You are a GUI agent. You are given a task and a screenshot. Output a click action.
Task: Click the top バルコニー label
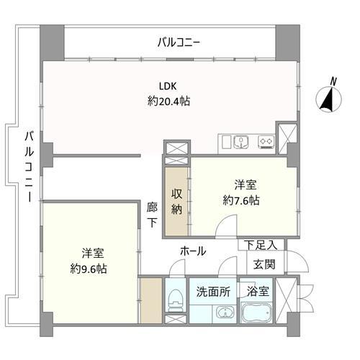179,42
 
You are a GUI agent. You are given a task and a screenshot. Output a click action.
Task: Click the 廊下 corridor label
151,216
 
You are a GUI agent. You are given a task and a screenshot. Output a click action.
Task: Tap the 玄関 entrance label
264,264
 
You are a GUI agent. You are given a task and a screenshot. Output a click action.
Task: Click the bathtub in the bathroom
256,313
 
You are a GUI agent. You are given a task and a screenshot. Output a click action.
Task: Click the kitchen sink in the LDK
241,140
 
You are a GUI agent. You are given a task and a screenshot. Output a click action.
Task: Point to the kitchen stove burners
266,140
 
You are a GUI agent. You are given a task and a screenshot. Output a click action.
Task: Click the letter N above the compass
333,80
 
